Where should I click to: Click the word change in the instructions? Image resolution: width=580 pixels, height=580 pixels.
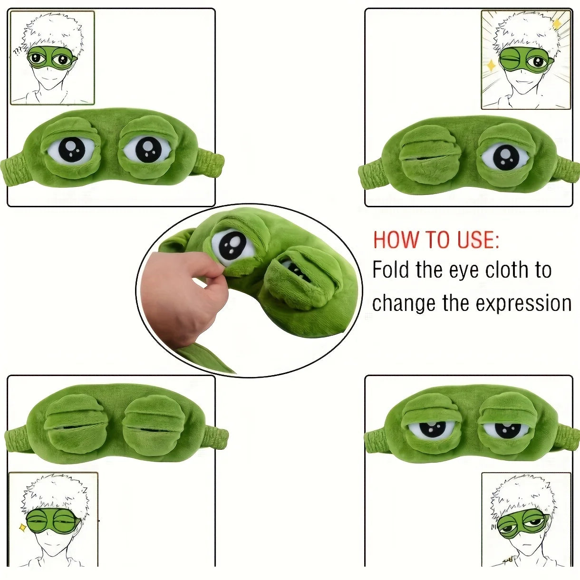click(x=404, y=303)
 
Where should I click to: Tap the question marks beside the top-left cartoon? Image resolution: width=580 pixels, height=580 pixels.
click(x=18, y=52)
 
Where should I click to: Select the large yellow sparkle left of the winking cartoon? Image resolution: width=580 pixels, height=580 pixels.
click(x=491, y=65)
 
